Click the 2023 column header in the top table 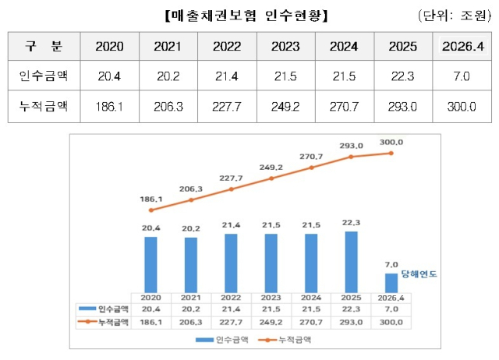tap(285, 46)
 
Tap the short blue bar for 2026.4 tap(392, 283)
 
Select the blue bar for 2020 tap(150, 264)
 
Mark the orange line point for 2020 tap(150, 210)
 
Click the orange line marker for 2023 tap(271, 178)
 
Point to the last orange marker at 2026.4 tap(392, 153)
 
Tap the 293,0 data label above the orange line tap(352, 145)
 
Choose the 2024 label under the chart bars tap(312, 298)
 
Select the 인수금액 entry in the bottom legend tap(224, 339)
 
